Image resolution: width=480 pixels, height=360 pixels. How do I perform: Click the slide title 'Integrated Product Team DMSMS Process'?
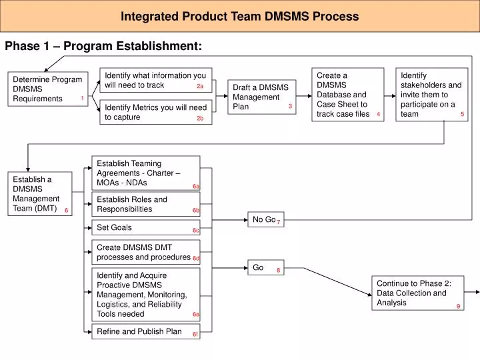(x=239, y=16)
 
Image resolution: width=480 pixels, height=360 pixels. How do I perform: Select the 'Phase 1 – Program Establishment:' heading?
(x=103, y=46)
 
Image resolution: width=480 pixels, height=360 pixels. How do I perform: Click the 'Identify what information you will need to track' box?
(x=155, y=80)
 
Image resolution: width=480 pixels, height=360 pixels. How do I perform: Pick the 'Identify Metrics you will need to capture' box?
(x=155, y=112)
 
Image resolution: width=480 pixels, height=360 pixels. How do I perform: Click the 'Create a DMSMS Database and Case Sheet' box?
(x=348, y=95)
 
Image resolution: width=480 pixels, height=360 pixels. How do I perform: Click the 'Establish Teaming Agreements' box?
(x=145, y=173)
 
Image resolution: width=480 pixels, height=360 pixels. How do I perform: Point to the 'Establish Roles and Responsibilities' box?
(x=145, y=204)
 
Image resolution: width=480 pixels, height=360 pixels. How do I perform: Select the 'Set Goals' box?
(x=145, y=228)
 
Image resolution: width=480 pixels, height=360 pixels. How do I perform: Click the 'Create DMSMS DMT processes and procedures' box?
(x=145, y=252)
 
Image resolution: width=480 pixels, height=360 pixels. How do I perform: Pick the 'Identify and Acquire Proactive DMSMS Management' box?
(x=145, y=294)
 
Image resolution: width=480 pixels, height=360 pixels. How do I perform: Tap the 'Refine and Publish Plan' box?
(x=145, y=331)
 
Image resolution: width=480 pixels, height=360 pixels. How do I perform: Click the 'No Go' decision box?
(x=265, y=219)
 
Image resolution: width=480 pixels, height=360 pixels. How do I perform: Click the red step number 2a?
(x=200, y=86)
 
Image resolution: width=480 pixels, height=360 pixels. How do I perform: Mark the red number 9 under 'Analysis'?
(x=459, y=306)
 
